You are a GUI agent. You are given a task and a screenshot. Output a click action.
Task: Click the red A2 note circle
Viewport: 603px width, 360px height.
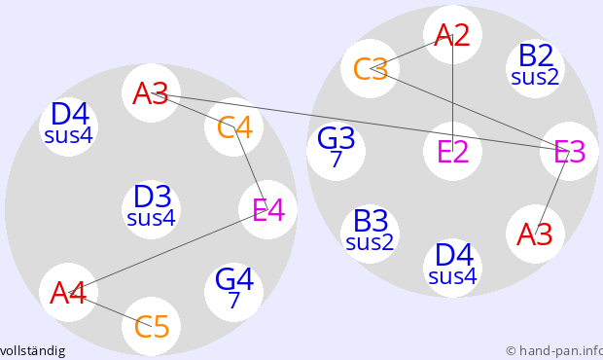452,35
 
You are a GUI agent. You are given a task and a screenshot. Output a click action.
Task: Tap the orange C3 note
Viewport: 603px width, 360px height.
370,68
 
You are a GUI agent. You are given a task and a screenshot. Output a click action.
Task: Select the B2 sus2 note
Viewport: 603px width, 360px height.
535,68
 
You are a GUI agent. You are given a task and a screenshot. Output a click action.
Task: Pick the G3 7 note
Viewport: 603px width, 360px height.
337,151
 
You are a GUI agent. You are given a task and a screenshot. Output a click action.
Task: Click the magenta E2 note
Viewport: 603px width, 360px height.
452,151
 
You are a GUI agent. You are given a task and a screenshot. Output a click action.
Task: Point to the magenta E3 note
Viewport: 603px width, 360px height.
570,151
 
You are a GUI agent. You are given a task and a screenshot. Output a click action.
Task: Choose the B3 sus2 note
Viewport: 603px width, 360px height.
370,234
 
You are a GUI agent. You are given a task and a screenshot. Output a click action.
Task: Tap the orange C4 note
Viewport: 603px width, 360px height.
233,126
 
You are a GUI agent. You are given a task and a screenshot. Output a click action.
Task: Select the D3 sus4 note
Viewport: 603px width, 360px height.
151,209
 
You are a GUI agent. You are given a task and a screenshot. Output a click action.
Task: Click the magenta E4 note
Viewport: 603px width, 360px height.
267,209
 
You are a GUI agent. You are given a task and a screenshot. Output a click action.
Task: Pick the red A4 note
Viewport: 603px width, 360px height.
68,292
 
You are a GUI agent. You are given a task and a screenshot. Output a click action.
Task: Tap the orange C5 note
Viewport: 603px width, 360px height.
151,326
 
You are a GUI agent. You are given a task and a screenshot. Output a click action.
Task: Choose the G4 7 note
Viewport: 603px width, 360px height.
233,292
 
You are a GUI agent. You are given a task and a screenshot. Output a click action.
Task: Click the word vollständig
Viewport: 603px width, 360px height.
32,351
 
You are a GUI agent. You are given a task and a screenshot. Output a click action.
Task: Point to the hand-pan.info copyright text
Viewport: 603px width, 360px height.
554,351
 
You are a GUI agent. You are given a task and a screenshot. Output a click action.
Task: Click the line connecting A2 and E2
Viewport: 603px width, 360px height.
452,92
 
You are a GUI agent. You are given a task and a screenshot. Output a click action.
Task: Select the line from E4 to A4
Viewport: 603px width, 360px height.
168,251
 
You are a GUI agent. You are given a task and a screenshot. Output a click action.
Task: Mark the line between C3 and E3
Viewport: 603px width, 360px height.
470,110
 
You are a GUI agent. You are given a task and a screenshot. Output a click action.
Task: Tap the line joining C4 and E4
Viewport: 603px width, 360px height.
251,168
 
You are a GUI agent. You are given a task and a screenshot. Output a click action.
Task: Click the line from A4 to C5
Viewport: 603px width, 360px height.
110,309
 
